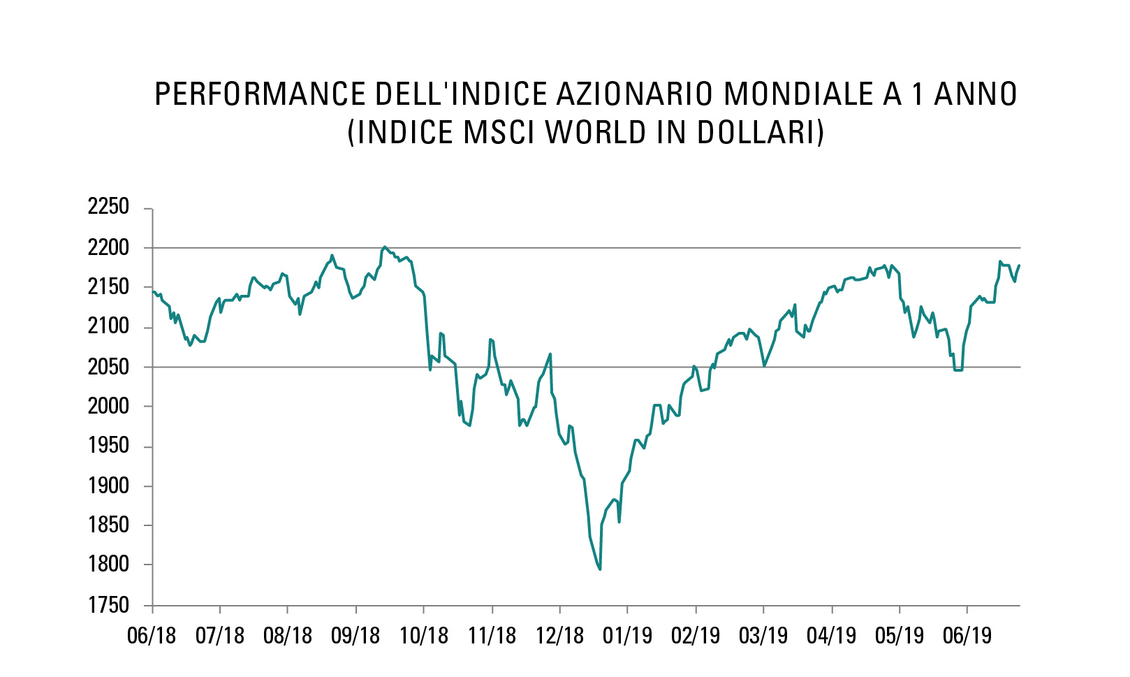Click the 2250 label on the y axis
tap(108, 207)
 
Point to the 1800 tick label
tap(108, 565)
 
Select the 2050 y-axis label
tap(108, 367)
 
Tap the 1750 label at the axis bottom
tap(108, 605)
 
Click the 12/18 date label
tap(559, 636)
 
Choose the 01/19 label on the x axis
tap(627, 636)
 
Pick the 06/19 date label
tap(967, 636)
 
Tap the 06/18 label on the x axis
tap(152, 636)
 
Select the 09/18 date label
tap(355, 636)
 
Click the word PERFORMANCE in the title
tap(260, 94)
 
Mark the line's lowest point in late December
tap(600, 569)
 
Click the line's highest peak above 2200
tap(385, 247)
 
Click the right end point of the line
tap(1020, 265)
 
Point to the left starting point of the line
tap(153, 291)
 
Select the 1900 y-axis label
tap(108, 486)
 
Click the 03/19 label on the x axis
tap(763, 636)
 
